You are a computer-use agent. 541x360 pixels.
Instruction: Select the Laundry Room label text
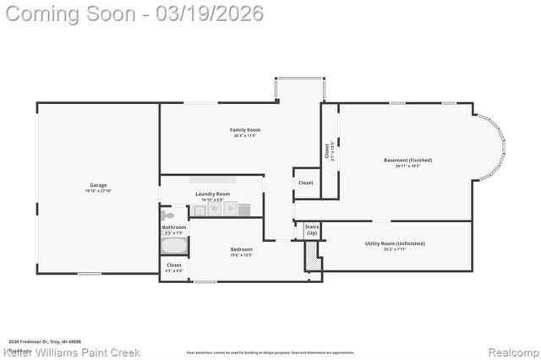click(x=212, y=194)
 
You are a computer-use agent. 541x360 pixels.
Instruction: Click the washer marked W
click(x=215, y=208)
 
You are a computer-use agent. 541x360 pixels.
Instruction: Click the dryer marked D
click(x=229, y=208)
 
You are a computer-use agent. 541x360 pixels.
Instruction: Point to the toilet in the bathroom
click(x=168, y=215)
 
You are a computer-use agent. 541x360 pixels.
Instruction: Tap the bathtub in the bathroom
click(x=175, y=247)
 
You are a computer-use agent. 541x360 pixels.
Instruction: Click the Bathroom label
click(x=174, y=227)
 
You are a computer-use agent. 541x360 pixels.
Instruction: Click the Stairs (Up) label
click(x=311, y=229)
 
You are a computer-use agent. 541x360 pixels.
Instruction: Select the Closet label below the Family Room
click(x=305, y=183)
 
